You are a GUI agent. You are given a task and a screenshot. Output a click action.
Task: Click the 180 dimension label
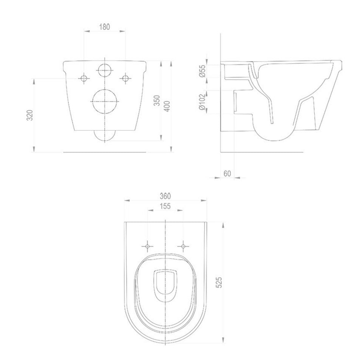(105, 26)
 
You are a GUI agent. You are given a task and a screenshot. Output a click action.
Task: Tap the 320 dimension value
(31, 115)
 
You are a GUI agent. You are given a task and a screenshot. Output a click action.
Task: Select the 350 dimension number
(157, 100)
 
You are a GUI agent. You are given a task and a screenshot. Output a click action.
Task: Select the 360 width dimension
(165, 196)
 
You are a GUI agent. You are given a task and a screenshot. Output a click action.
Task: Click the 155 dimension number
(165, 206)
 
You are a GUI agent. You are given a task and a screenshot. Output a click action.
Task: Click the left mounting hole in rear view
(84, 78)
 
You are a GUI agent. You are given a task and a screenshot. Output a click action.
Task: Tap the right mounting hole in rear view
(125, 78)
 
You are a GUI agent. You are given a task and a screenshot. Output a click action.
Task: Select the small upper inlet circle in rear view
(105, 70)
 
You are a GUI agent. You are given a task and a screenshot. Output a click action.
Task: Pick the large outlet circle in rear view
(105, 101)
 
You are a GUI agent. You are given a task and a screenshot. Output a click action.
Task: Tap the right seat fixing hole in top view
(183, 246)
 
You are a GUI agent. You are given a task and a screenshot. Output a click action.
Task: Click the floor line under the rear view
(105, 152)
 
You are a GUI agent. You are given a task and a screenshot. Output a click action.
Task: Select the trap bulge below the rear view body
(105, 136)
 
